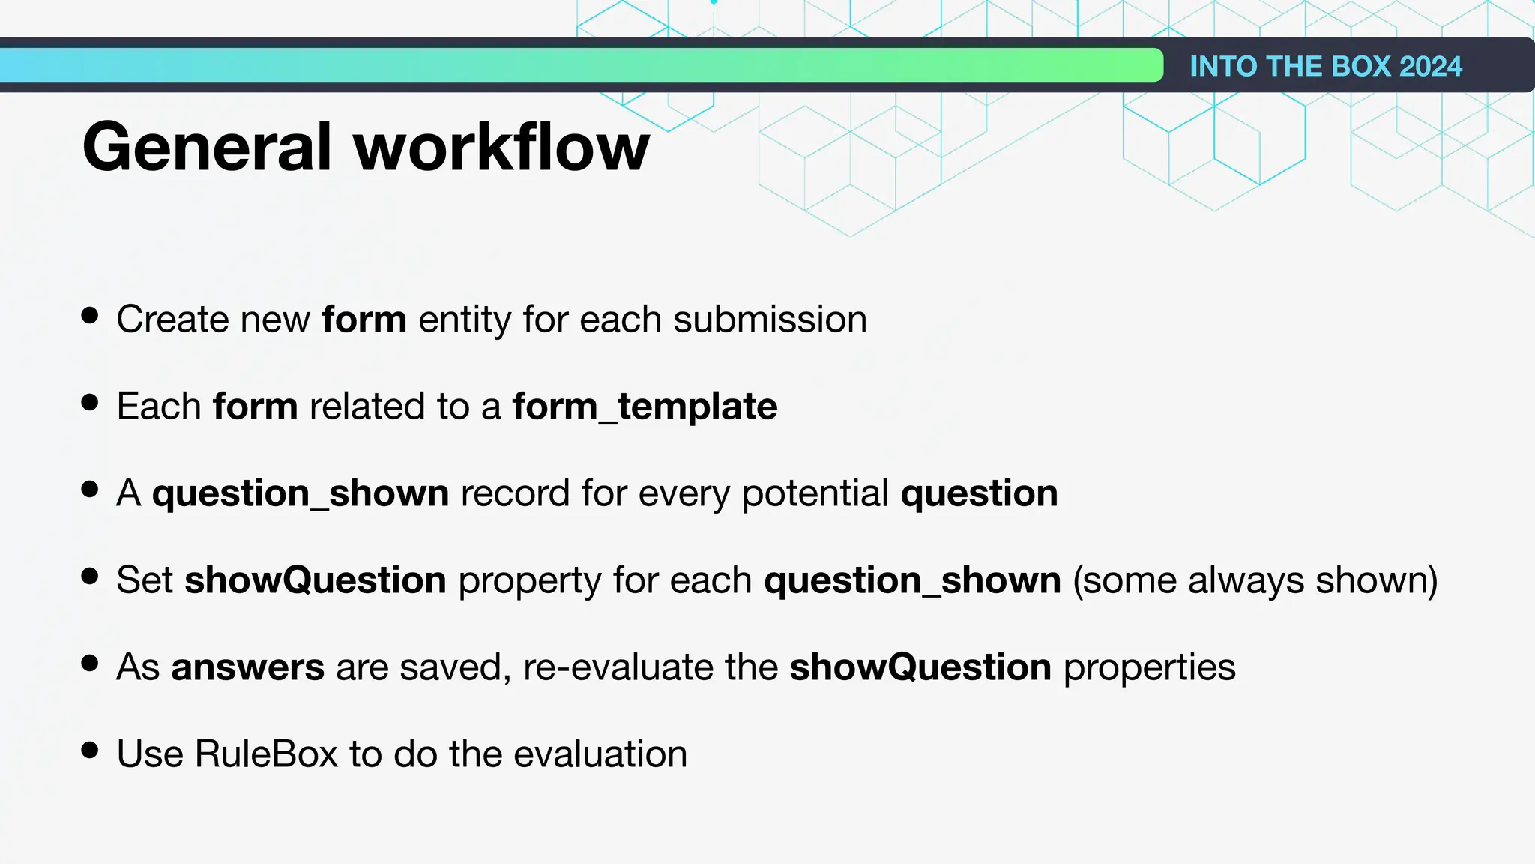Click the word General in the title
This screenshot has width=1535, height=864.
(207, 147)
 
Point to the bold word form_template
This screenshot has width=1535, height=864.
(645, 406)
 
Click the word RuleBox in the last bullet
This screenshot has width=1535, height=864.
(266, 754)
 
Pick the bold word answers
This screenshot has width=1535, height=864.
(248, 667)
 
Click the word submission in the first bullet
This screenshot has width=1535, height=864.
(770, 319)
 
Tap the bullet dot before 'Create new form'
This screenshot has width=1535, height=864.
(90, 315)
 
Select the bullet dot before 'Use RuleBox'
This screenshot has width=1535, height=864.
(90, 750)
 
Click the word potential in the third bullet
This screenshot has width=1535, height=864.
(815, 493)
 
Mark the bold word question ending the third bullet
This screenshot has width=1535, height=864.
(979, 493)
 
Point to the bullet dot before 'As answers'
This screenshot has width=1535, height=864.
(90, 663)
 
